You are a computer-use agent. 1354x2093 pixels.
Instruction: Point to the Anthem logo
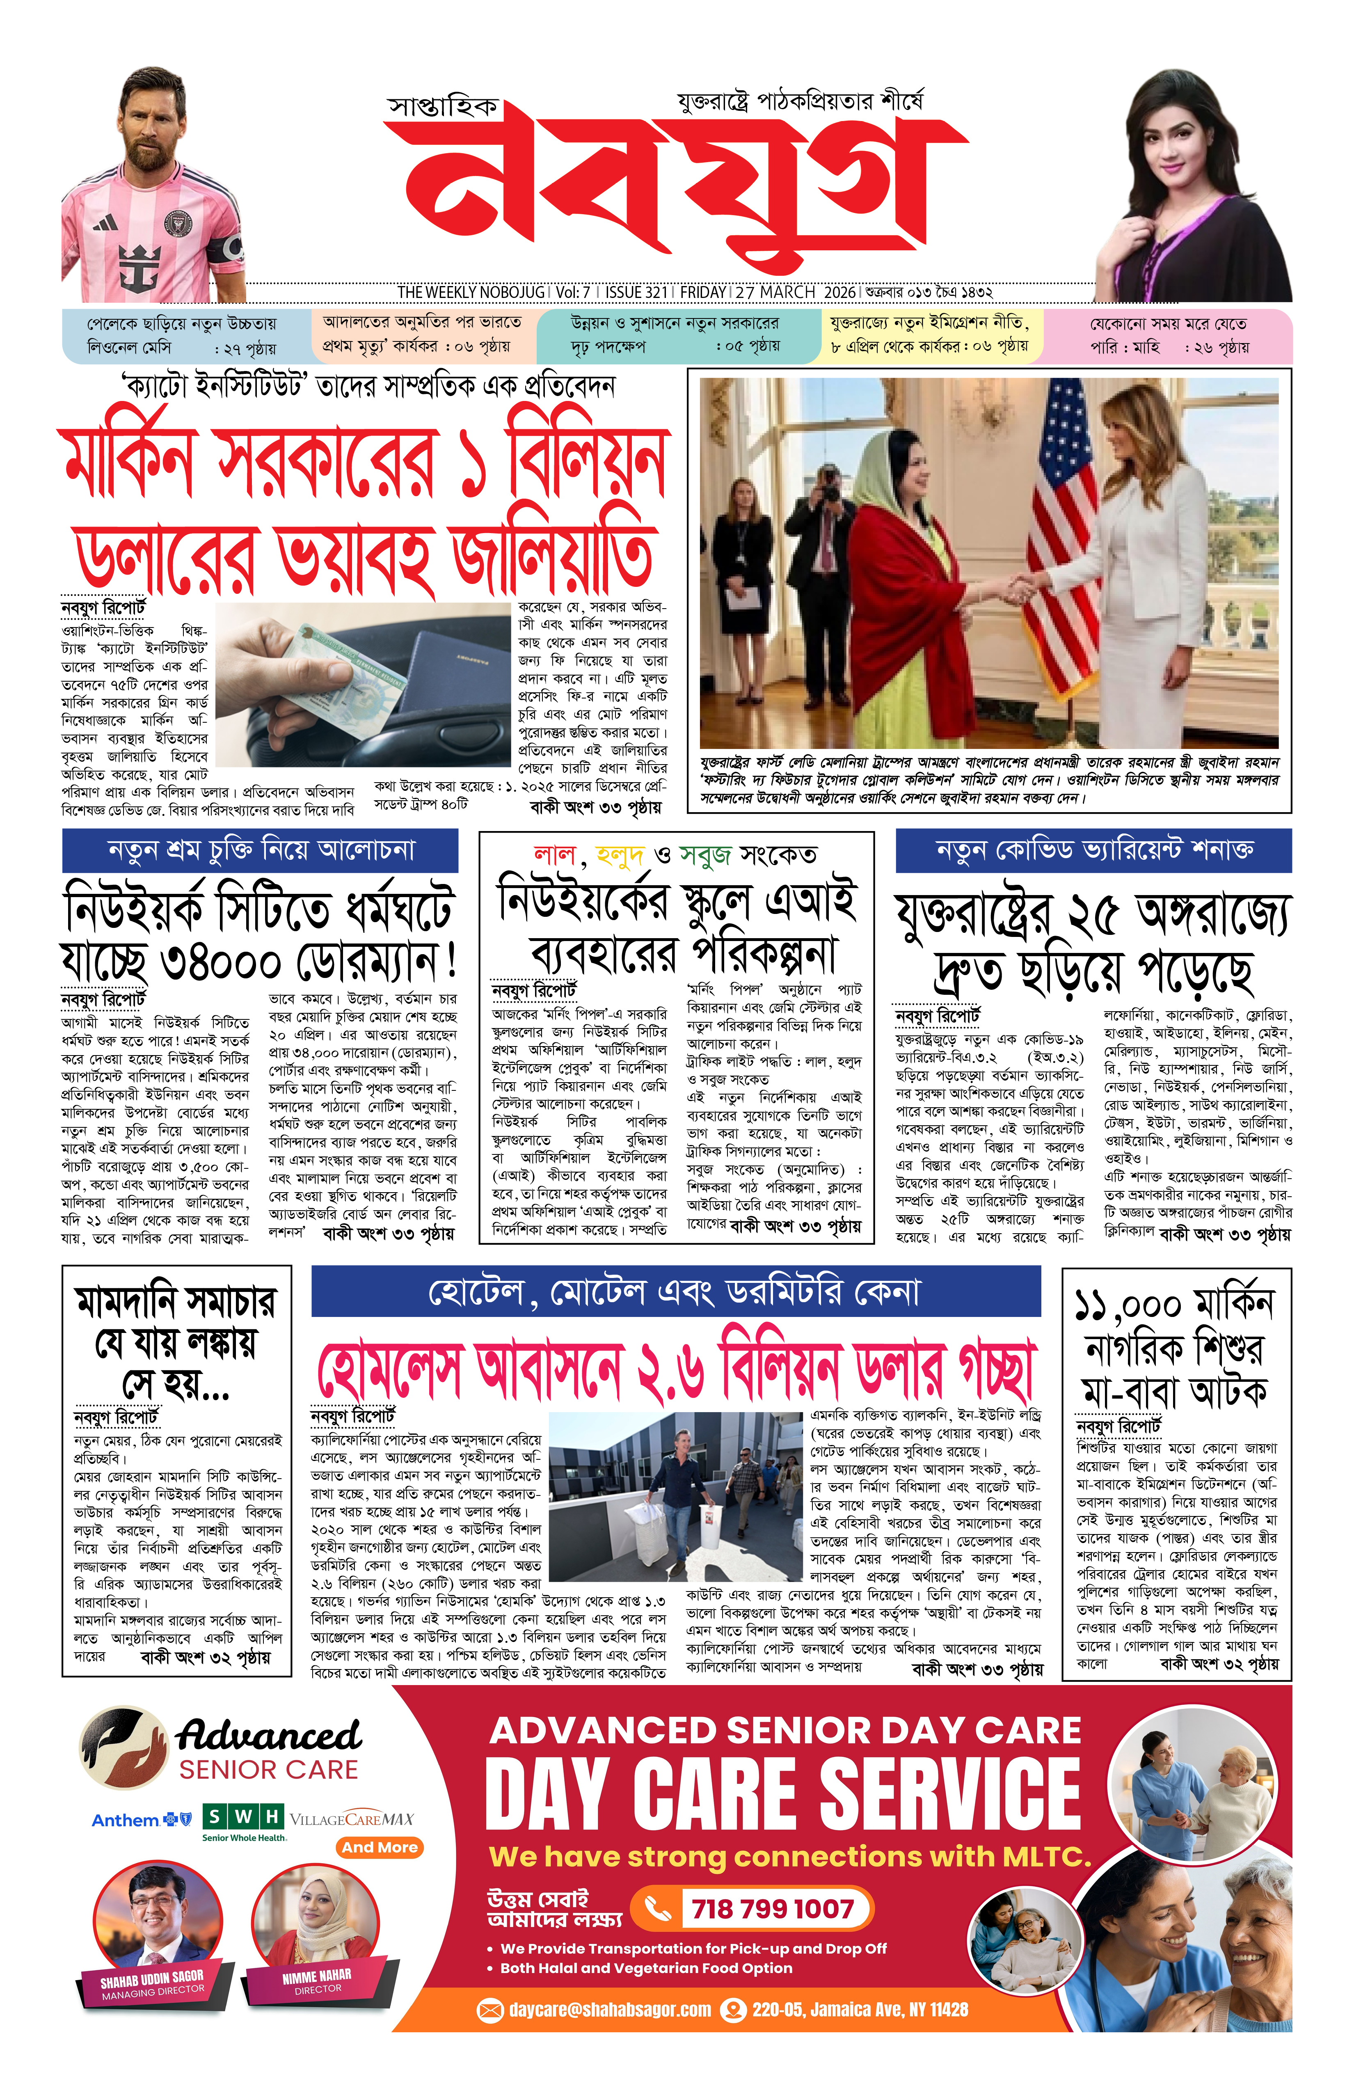(x=141, y=1820)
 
